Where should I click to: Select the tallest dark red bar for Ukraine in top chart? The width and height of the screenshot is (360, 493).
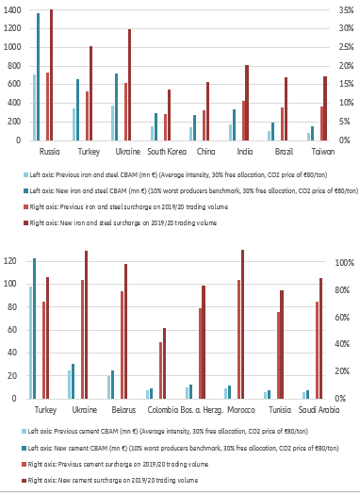click(129, 85)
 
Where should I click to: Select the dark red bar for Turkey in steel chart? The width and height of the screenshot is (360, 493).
click(90, 93)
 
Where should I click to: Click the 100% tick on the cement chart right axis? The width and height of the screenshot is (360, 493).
click(343, 262)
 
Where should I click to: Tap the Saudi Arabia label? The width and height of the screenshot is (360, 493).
click(318, 410)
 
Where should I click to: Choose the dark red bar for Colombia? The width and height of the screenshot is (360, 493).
click(165, 363)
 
